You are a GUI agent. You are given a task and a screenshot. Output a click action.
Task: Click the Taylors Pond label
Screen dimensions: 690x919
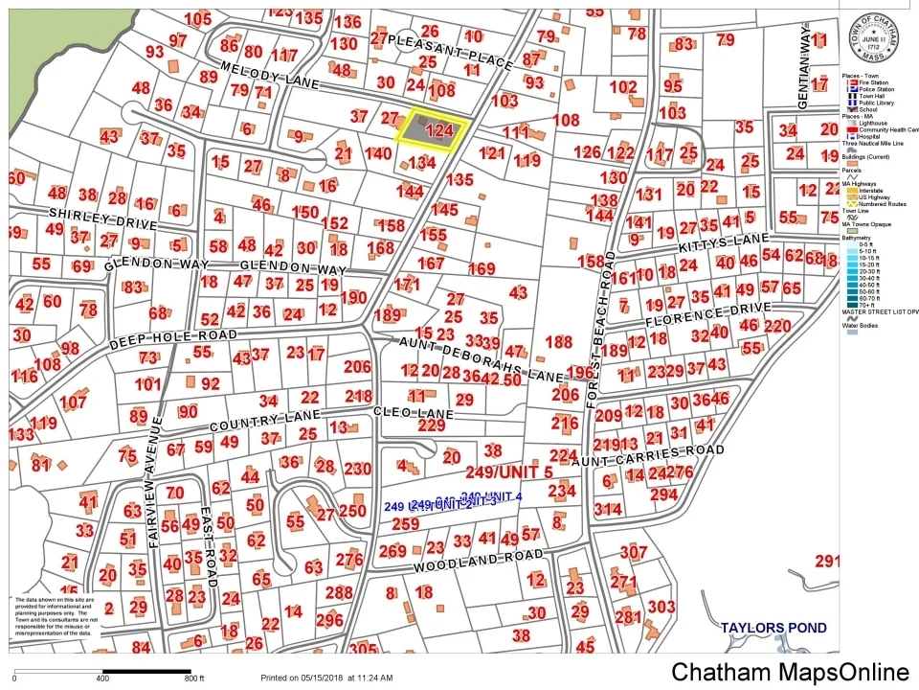pyautogui.click(x=775, y=628)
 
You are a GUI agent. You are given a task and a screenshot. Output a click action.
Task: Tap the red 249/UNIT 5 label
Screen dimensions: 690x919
pyautogui.click(x=509, y=472)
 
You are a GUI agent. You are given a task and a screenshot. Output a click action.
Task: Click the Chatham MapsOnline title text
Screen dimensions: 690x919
pyautogui.click(x=789, y=673)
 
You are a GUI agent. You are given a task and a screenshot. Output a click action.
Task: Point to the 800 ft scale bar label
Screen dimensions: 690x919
pyautogui.click(x=194, y=678)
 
